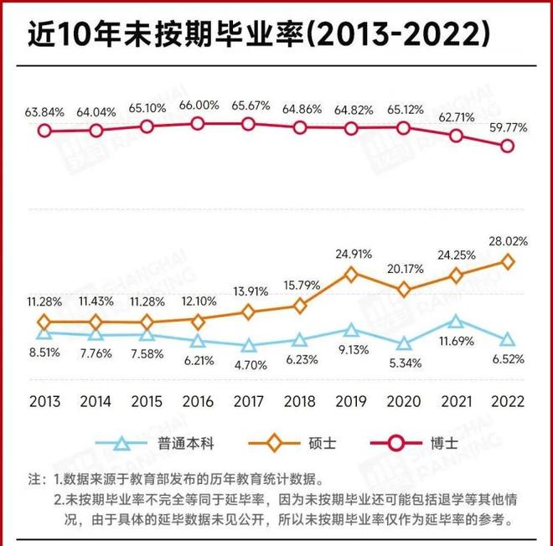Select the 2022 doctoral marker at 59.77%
click(x=507, y=145)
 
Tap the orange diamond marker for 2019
click(x=351, y=274)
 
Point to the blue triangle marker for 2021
click(x=456, y=321)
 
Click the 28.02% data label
click(x=507, y=241)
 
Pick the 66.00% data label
click(x=198, y=106)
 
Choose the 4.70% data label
click(x=249, y=364)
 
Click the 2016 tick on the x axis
click(x=198, y=400)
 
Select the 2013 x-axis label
click(x=44, y=400)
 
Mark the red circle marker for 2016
click(x=198, y=123)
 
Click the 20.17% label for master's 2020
click(x=404, y=270)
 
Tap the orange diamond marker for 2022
click(x=507, y=261)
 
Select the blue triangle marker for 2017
click(x=249, y=346)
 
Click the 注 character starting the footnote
click(x=34, y=482)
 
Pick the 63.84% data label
click(x=44, y=111)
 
